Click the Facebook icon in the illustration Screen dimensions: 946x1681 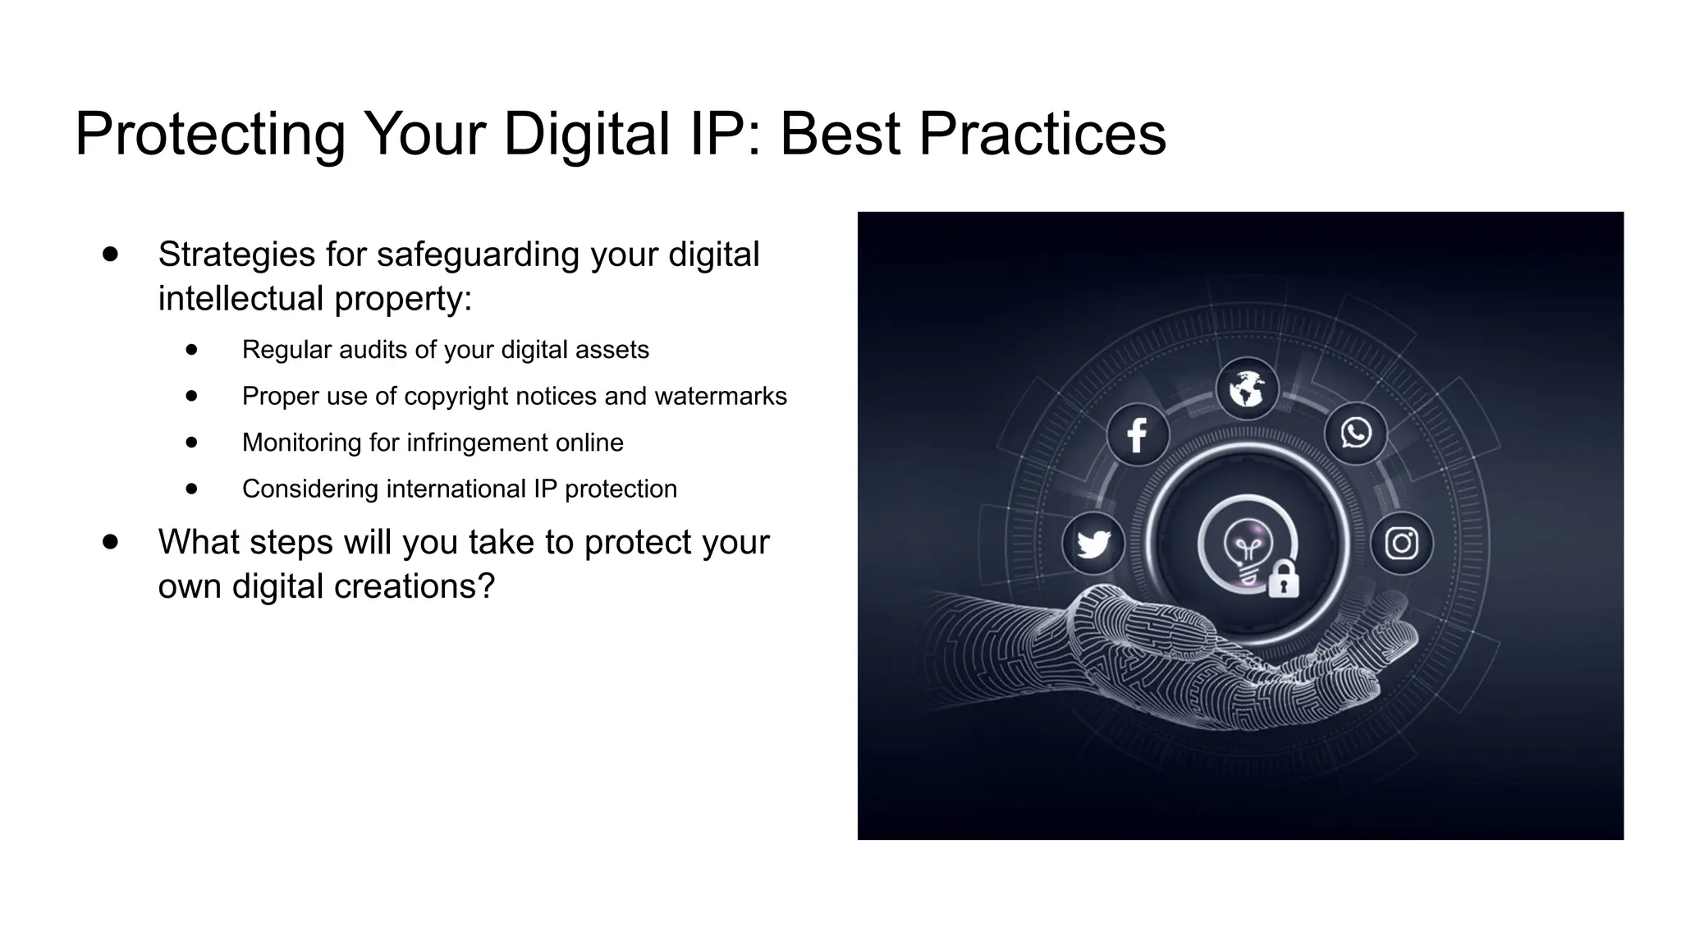click(x=1138, y=434)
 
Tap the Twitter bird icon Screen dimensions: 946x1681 click(x=1093, y=543)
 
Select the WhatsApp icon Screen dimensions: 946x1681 click(x=1356, y=433)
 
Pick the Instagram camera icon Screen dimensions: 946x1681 click(x=1401, y=543)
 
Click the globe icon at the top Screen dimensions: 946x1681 click(x=1247, y=388)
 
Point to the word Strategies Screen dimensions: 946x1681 click(x=236, y=255)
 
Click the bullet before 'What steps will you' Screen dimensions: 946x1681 click(x=111, y=542)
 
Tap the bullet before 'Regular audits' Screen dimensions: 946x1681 click(x=192, y=350)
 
